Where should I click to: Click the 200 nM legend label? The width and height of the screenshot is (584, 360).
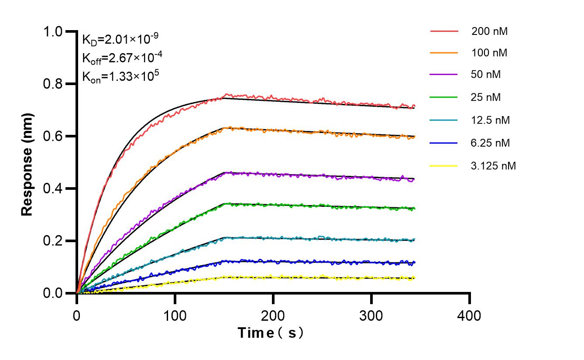pos(489,31)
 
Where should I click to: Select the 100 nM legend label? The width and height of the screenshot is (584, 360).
pos(489,53)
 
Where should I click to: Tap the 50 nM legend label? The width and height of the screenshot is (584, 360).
pos(486,75)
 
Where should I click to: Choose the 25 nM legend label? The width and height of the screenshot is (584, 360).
pos(486,97)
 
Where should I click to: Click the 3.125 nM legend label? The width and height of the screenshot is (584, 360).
pos(493,166)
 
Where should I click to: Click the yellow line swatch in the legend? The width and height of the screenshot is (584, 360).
pos(444,166)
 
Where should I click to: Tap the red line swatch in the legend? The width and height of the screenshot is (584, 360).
pos(444,31)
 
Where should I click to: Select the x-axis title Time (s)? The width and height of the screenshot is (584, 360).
pos(271,333)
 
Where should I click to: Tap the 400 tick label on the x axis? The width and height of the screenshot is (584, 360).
pos(470,315)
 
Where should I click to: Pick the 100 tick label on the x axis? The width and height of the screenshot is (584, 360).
pos(175,315)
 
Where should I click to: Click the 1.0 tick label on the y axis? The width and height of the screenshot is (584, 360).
pos(54,31)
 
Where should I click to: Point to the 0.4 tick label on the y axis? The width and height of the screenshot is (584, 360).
pos(54,189)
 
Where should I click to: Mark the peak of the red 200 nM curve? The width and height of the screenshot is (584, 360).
pos(226,94)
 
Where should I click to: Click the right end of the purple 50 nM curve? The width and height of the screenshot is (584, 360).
pos(414,179)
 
